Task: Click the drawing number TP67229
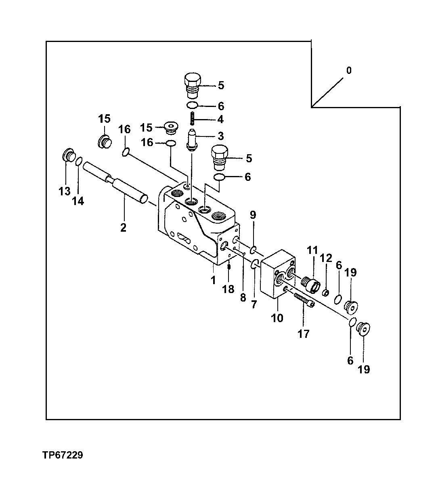point(63,455)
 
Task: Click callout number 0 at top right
point(349,71)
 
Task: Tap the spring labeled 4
point(193,119)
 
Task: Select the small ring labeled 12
point(326,292)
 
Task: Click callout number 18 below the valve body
point(228,289)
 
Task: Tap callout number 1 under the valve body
point(213,280)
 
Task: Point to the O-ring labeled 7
point(254,264)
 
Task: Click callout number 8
point(243,298)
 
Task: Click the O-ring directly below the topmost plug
point(192,106)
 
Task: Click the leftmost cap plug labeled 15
point(105,142)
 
